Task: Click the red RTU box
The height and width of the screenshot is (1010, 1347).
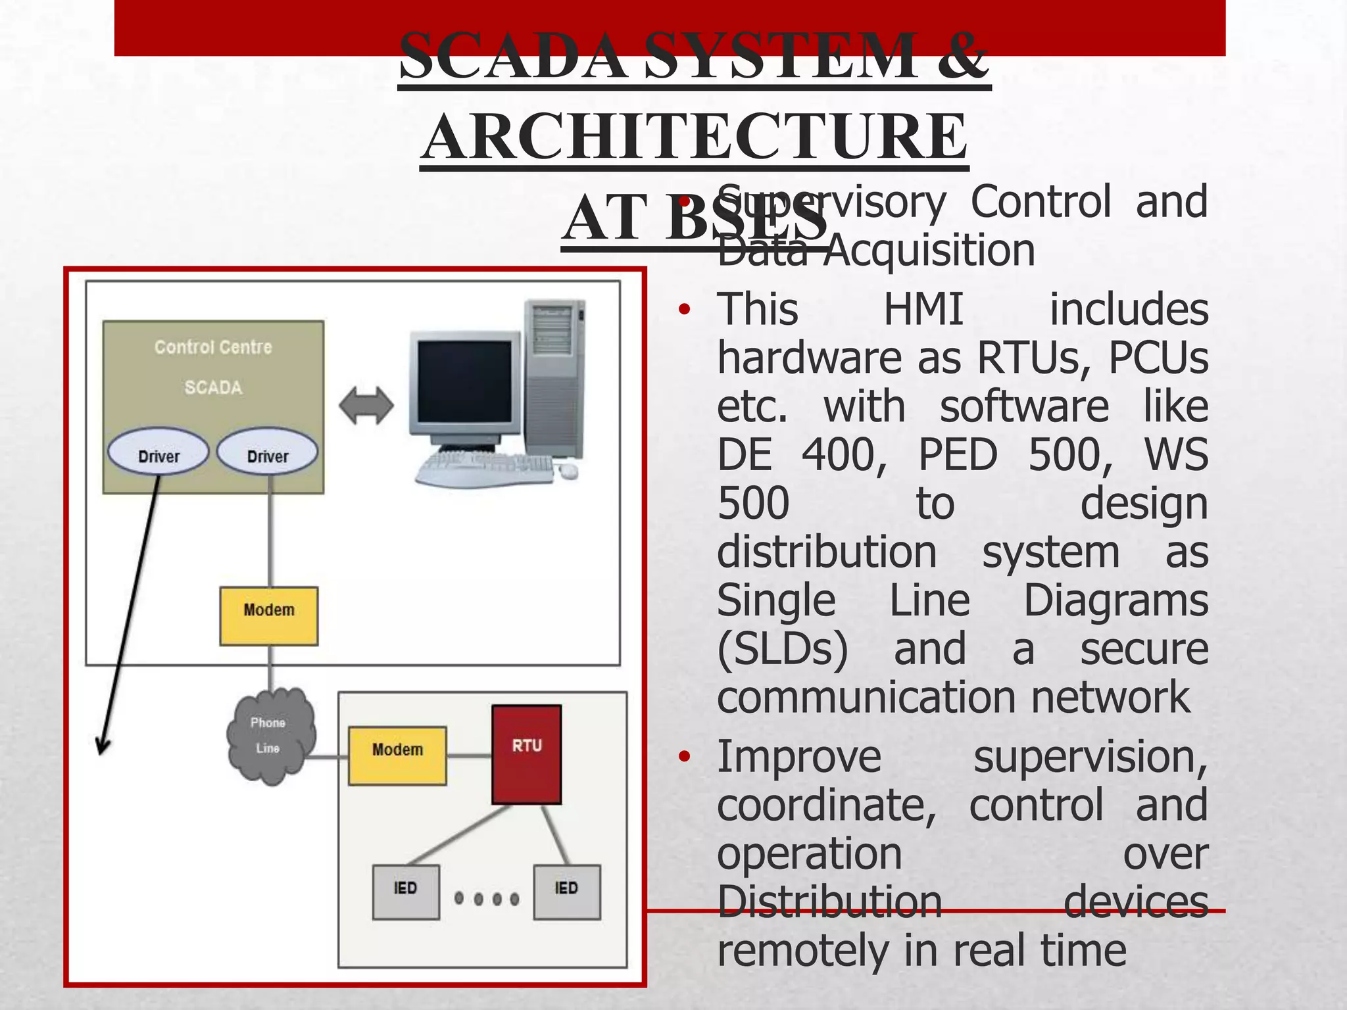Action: tap(526, 754)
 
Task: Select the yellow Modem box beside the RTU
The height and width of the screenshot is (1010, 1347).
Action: tap(397, 756)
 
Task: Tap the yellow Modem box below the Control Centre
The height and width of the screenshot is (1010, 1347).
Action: tap(268, 615)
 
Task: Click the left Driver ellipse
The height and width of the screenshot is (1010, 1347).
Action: tap(159, 452)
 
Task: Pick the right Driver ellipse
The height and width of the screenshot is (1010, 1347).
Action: tap(267, 452)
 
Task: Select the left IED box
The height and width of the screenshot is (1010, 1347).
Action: tap(406, 891)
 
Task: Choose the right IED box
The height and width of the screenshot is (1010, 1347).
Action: tap(566, 891)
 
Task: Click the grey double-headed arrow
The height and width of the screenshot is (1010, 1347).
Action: tap(366, 405)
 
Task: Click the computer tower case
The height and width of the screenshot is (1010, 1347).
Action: tap(554, 378)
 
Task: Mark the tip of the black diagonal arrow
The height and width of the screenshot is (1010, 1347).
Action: tap(101, 752)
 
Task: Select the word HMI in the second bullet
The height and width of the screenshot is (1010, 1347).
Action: tap(923, 309)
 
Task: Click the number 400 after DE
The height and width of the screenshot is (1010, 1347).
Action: tap(844, 454)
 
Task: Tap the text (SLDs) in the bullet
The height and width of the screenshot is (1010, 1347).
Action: tap(782, 649)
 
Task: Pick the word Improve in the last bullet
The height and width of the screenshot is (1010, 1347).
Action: tap(798, 757)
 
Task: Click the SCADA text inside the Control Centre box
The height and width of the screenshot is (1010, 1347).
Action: tap(213, 387)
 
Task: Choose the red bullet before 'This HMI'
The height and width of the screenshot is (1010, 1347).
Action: tap(685, 309)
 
